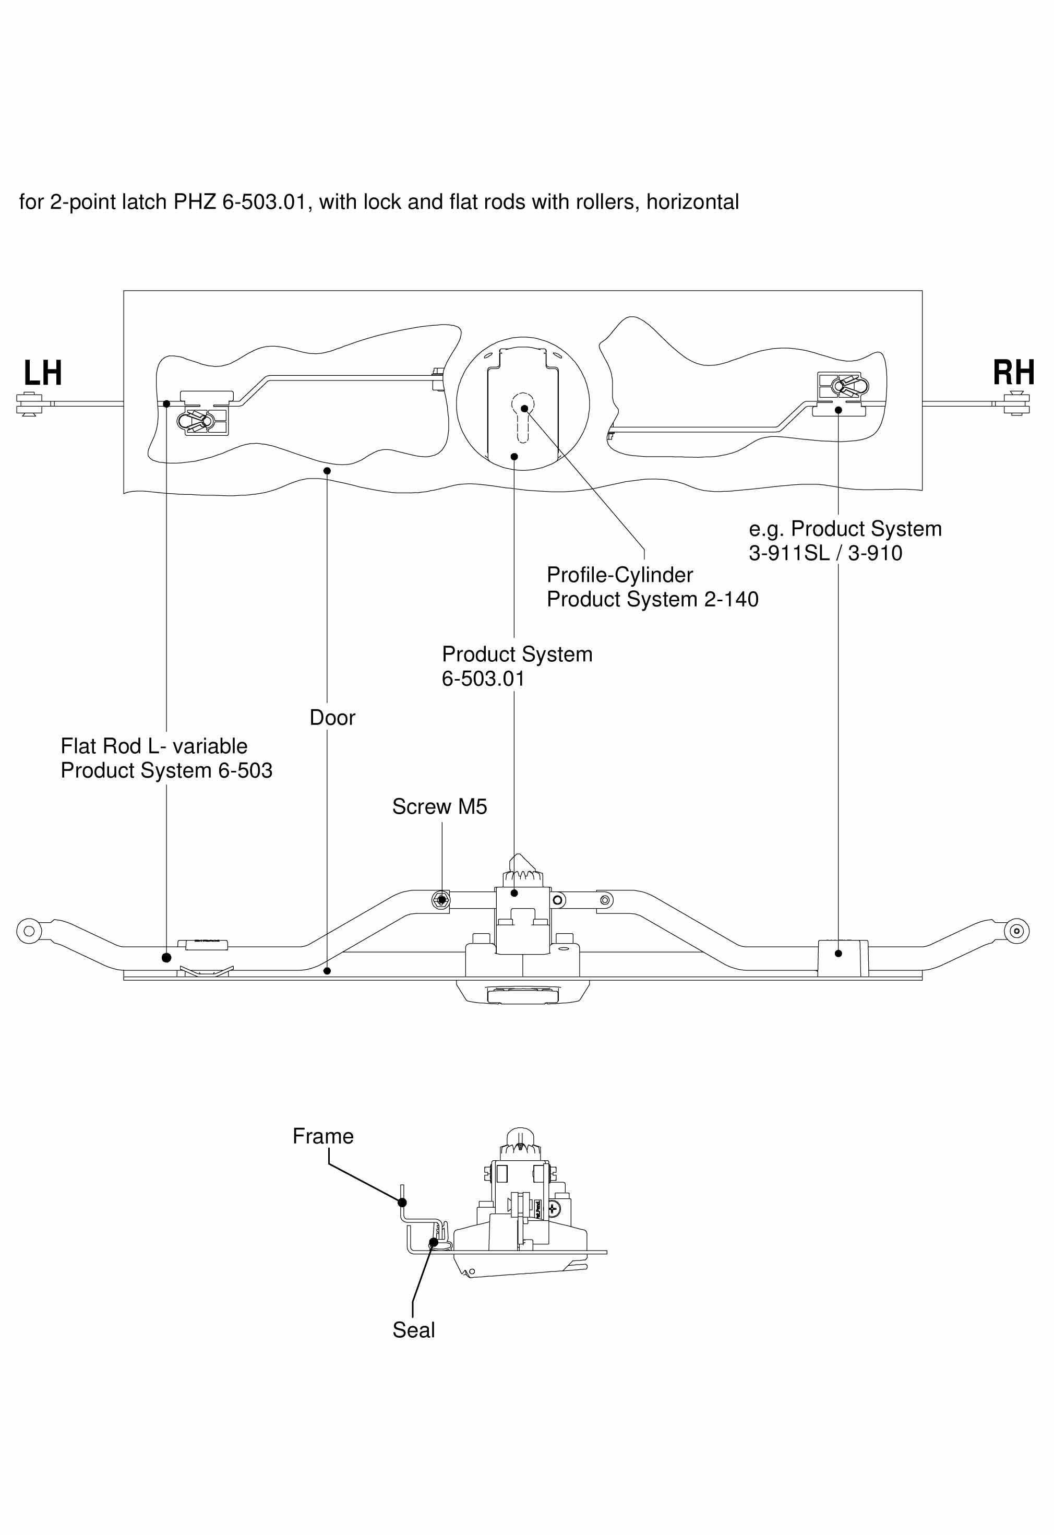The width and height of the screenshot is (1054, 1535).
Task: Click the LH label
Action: pos(43,373)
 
